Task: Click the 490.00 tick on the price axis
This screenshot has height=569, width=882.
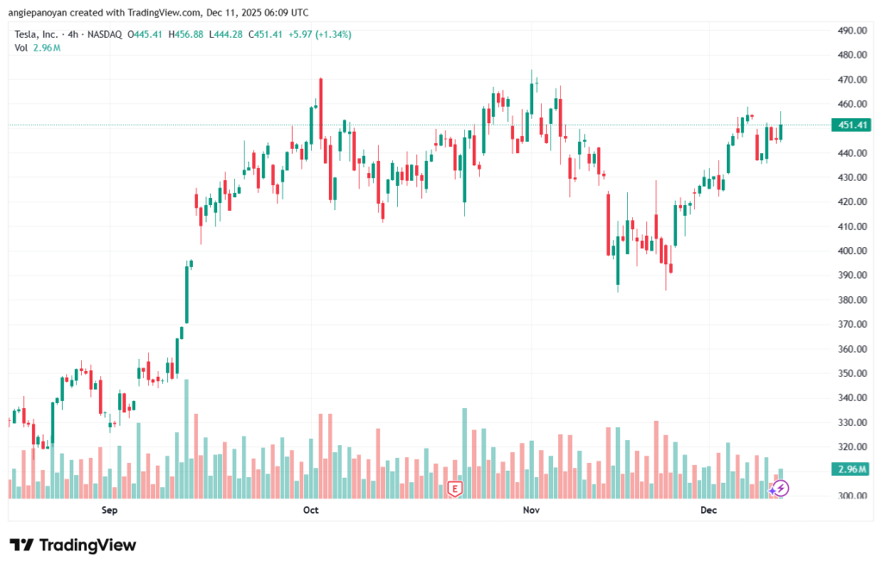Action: coord(851,30)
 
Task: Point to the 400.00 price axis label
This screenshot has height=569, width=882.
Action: coord(851,251)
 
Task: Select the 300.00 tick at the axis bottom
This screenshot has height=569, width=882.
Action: coord(851,497)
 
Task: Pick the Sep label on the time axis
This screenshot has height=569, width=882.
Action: coord(109,510)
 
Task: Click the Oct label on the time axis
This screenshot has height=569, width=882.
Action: coord(311,510)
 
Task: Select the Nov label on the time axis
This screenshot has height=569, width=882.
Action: coord(531,510)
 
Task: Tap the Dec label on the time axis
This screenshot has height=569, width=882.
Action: coord(708,510)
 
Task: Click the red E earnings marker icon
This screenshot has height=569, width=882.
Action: coord(455,489)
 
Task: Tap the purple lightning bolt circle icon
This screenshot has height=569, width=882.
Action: coord(780,488)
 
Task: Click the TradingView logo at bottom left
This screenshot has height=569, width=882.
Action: coord(73,545)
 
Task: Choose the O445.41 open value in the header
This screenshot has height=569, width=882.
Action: coord(145,34)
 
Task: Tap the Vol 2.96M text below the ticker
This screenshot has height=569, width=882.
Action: coord(36,47)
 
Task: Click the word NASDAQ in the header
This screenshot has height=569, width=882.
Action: coord(104,34)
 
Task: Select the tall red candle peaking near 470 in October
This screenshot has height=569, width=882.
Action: coord(320,108)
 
